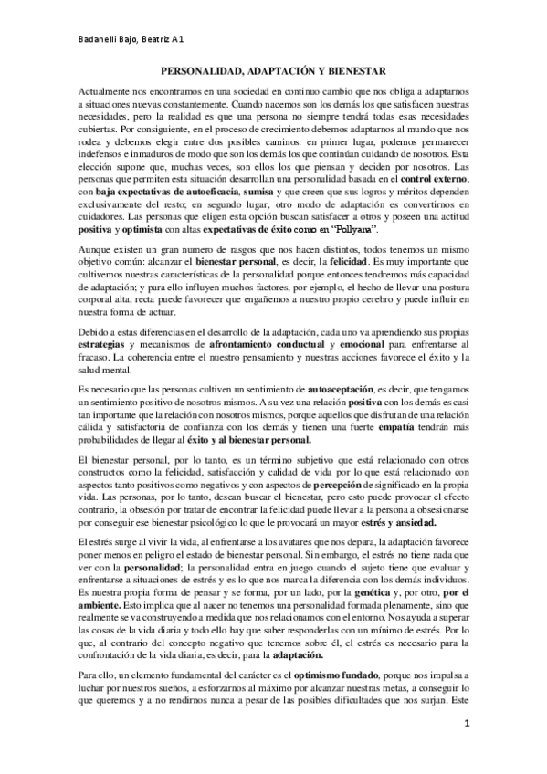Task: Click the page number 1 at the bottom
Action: [467, 750]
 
